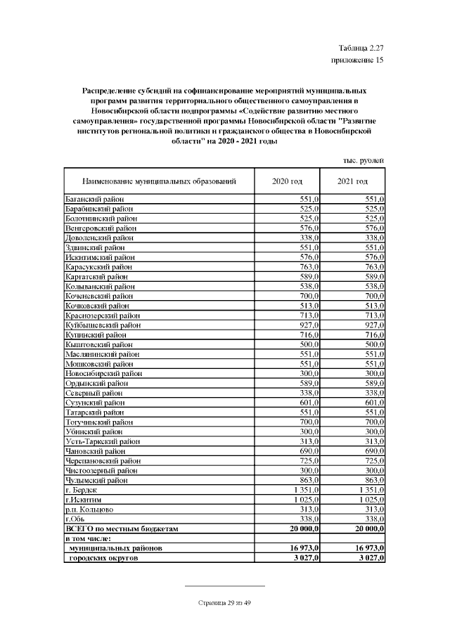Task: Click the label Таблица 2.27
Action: (361, 48)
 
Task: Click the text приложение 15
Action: (357, 60)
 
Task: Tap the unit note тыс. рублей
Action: (363, 160)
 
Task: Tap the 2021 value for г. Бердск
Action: (369, 490)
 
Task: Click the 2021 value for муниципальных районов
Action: (367, 547)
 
